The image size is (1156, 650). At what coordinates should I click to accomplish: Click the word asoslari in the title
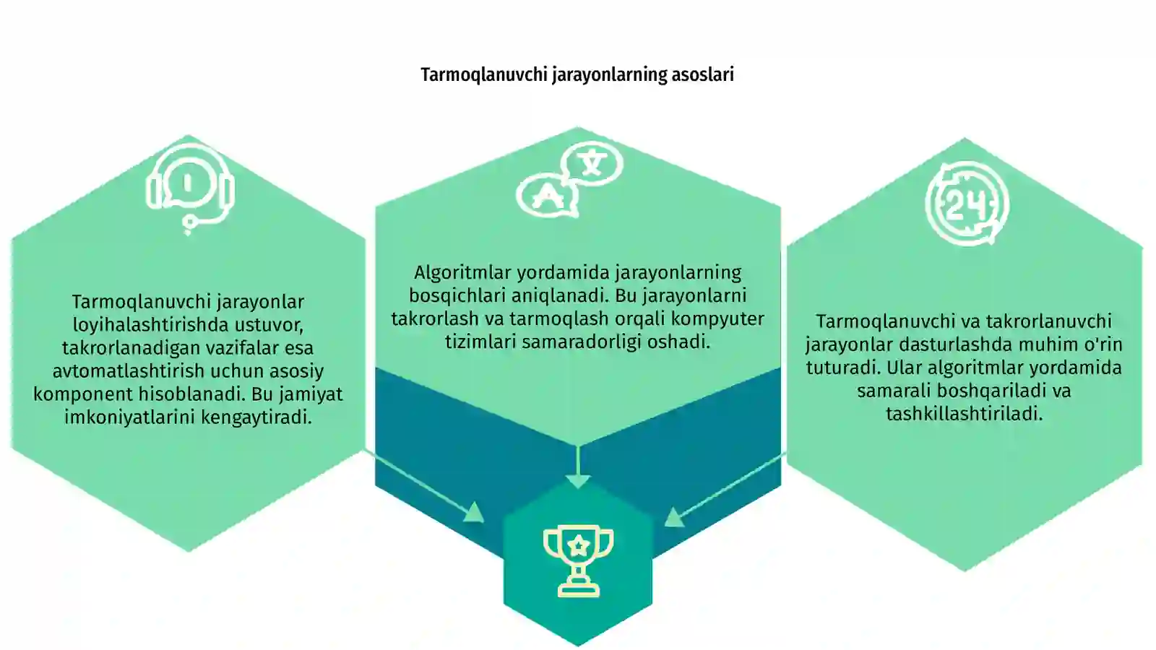(x=702, y=75)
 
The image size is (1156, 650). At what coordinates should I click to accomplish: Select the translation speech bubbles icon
(x=570, y=180)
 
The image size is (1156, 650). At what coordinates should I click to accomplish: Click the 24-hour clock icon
(x=967, y=203)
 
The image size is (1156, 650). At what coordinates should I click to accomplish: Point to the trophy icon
(x=579, y=561)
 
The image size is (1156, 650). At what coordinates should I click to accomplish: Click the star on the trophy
(x=579, y=545)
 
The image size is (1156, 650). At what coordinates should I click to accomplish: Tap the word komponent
(x=82, y=394)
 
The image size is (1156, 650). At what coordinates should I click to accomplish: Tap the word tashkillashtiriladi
(x=965, y=414)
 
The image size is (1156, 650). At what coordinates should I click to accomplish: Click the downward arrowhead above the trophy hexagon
(x=578, y=482)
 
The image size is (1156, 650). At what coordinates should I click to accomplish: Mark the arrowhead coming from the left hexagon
(x=474, y=512)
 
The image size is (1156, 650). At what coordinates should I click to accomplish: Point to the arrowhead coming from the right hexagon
(x=674, y=517)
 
